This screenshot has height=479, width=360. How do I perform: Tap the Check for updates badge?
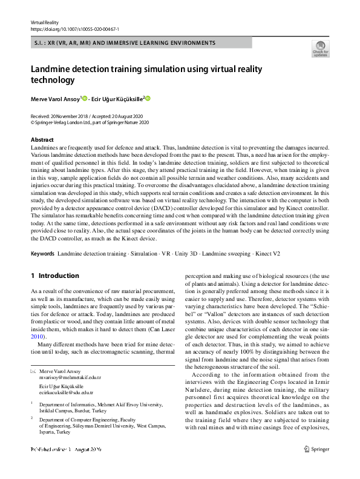pyautogui.click(x=319, y=48)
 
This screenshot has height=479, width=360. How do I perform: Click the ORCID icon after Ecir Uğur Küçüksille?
pyautogui.click(x=147, y=98)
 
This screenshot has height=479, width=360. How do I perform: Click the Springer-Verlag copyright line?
pyautogui.click(x=90, y=122)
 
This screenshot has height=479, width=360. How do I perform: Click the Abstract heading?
pyautogui.click(x=42, y=140)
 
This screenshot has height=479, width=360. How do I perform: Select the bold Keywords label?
pyautogui.click(x=42, y=252)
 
